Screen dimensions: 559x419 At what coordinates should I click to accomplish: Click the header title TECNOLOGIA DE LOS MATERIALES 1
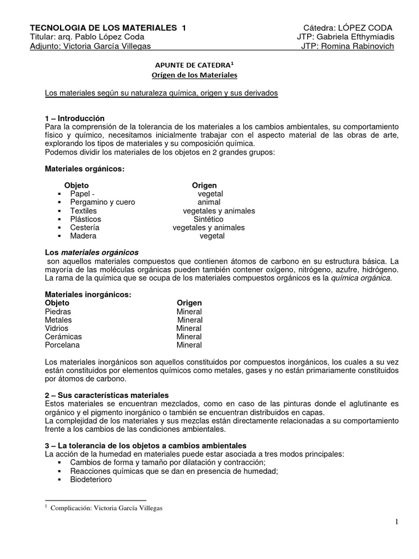107,28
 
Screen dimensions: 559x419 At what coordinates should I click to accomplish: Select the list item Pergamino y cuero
103,202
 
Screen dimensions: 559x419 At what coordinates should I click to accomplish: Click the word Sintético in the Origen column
209,219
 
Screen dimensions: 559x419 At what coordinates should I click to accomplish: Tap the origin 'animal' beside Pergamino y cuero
209,202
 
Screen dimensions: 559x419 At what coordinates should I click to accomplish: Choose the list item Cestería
85,228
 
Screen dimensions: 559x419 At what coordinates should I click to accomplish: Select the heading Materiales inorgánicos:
88,295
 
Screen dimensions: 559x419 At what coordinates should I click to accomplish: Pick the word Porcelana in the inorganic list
62,345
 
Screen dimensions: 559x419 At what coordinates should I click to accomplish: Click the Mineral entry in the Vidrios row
189,328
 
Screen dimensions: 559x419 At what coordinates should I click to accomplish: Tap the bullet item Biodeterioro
91,480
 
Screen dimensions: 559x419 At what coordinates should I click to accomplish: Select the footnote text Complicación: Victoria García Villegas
106,508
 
